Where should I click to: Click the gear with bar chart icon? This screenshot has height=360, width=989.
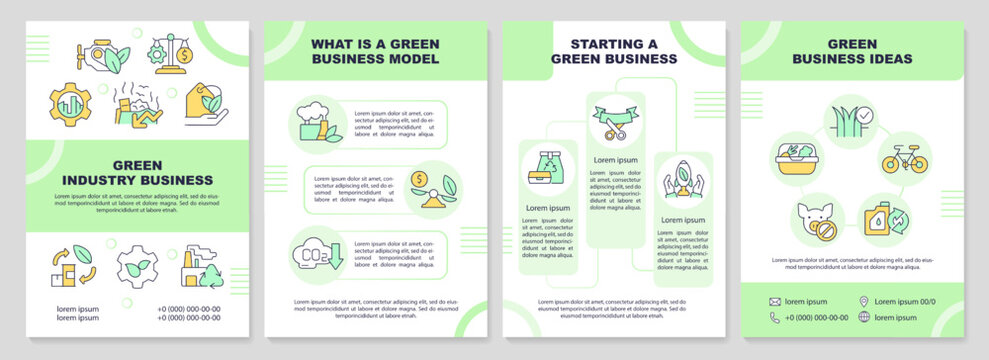click(71, 104)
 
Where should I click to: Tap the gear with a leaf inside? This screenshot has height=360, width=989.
click(137, 267)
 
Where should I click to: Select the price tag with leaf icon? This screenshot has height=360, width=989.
click(203, 104)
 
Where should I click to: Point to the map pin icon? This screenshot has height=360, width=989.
click(863, 301)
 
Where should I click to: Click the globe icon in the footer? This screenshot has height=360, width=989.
click(863, 318)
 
